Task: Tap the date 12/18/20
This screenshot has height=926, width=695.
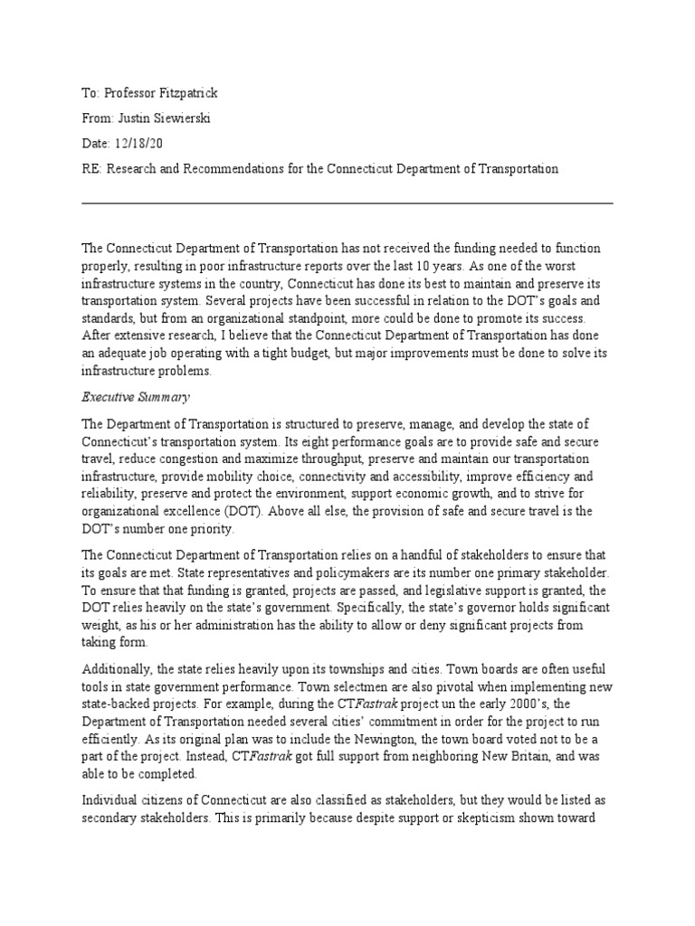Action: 139,144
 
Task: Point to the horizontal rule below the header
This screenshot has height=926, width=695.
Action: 347,203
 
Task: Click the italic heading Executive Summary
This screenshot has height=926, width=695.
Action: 136,396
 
